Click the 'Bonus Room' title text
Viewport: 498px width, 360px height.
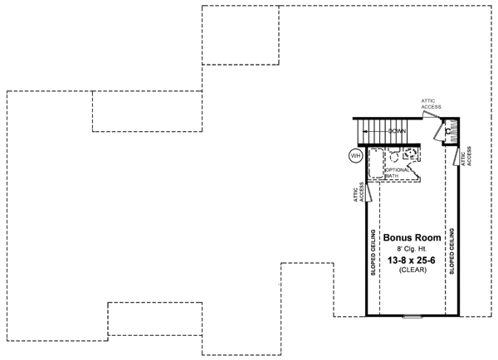412,237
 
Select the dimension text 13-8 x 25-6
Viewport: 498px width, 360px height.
412,260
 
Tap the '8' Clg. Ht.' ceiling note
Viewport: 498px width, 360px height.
412,249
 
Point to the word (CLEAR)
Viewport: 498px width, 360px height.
413,270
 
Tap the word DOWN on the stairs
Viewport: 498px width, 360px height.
397,131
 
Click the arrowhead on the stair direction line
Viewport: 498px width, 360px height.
365,131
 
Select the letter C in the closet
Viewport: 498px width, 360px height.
448,131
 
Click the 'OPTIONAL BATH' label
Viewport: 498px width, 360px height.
397,173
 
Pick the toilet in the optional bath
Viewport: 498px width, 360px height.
393,156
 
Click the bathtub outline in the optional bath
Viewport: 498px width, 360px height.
376,163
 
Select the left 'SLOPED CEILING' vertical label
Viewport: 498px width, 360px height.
373,252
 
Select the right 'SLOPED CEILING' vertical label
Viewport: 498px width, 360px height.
452,251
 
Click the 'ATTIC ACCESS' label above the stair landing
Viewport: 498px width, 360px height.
431,104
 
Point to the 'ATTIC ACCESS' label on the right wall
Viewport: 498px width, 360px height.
466,156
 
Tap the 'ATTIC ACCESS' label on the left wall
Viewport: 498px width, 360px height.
359,192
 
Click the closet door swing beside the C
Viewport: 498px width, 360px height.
438,130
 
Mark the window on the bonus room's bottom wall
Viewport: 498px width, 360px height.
413,316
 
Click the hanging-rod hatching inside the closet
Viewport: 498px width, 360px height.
454,131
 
